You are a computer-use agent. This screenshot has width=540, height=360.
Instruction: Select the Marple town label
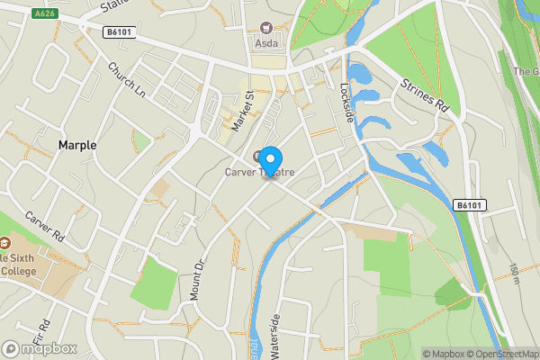[x=77, y=145]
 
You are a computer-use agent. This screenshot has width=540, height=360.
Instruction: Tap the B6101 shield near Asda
[x=116, y=32]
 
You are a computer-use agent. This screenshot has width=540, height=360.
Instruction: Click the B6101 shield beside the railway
[x=468, y=205]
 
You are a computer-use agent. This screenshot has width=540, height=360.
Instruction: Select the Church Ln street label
[x=126, y=80]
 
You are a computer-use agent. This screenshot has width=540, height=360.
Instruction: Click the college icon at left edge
[x=4, y=243]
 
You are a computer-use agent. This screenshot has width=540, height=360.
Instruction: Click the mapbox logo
[x=40, y=348]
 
